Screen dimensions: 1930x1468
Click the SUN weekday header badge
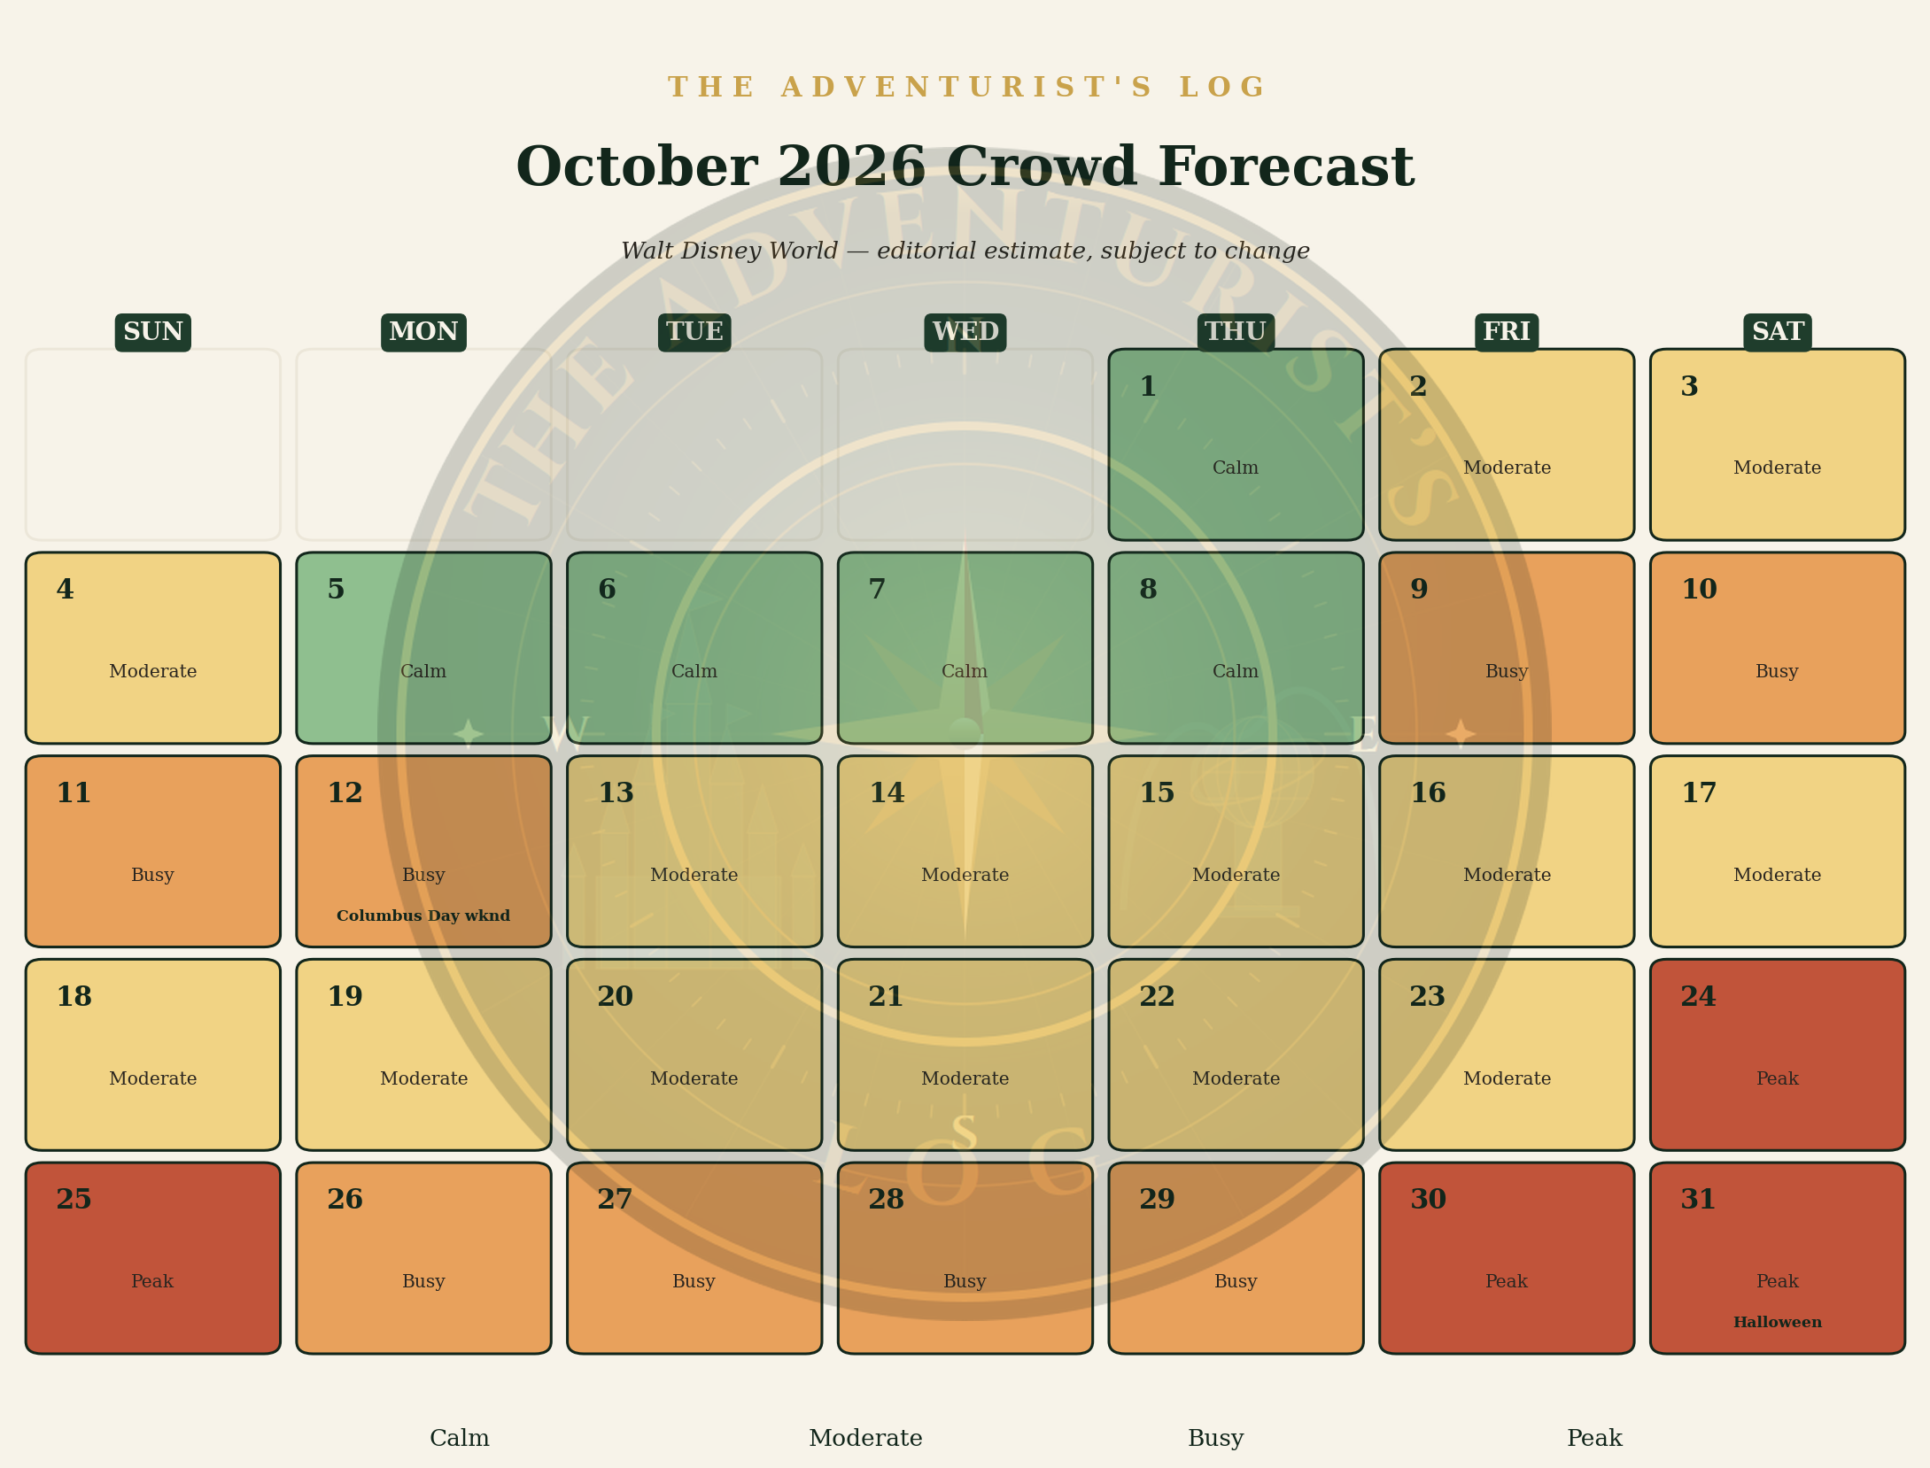coord(153,332)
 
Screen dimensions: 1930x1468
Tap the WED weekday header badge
coord(965,332)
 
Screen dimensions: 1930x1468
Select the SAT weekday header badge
coord(1778,332)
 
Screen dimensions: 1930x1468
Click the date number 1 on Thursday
coord(1148,387)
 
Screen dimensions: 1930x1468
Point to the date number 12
coord(345,793)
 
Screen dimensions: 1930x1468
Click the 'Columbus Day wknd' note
coord(423,916)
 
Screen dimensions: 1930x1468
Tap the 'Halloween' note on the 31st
coord(1778,1322)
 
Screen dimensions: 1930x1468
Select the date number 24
coord(1698,997)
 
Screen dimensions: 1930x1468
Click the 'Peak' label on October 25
coord(152,1281)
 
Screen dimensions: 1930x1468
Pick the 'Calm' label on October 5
coord(423,671)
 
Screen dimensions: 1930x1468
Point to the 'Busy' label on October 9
coord(1507,671)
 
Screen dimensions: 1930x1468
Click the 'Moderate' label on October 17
coord(1778,875)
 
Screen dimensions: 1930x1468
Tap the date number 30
coord(1428,1200)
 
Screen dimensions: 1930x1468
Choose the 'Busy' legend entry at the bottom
coord(1216,1439)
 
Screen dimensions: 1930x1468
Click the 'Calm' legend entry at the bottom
coord(460,1439)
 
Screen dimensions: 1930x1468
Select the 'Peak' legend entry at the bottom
coord(1594,1439)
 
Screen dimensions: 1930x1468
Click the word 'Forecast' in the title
coord(1286,167)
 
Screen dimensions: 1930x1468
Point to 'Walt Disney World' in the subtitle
coord(729,251)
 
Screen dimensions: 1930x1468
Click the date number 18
coord(74,997)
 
